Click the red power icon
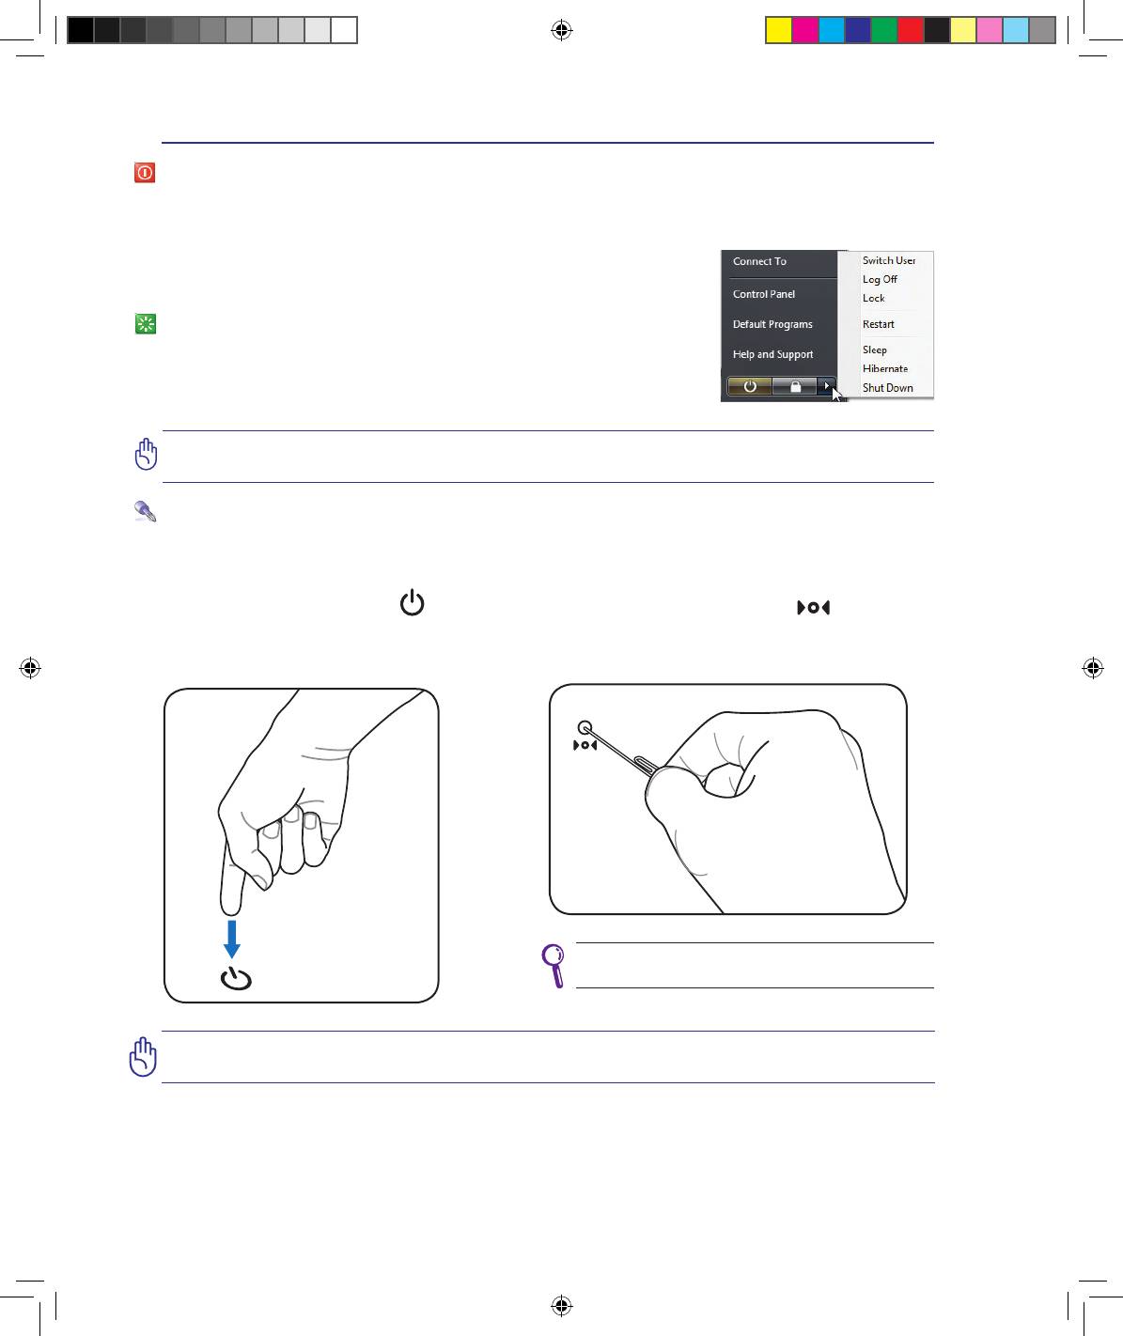point(145,172)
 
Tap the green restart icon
point(146,324)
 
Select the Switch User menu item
point(888,260)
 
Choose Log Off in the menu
point(880,279)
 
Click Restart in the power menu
point(878,324)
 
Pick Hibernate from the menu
point(885,368)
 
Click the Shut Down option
point(887,388)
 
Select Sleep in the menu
point(874,350)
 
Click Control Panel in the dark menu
point(763,294)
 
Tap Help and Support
point(772,354)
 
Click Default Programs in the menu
point(772,324)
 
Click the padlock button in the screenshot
point(795,386)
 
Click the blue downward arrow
point(231,939)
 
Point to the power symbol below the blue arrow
point(236,979)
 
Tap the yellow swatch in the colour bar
point(779,30)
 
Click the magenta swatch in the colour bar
point(805,30)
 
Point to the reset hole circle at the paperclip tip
point(585,727)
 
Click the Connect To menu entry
point(759,261)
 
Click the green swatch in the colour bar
point(884,30)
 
